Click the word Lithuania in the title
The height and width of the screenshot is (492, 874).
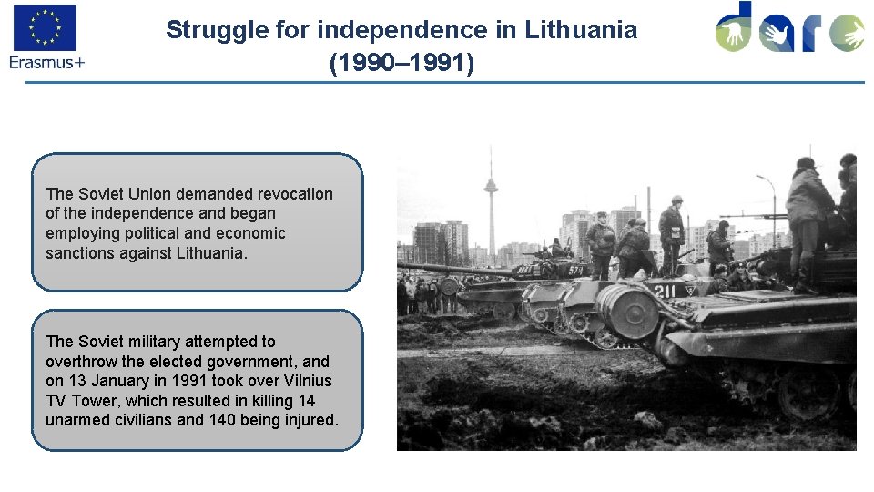pyautogui.click(x=581, y=30)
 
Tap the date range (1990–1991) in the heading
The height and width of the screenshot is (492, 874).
pyautogui.click(x=401, y=65)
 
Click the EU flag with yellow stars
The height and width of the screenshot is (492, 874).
pyautogui.click(x=45, y=27)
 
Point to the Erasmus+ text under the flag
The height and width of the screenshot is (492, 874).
pyautogui.click(x=46, y=62)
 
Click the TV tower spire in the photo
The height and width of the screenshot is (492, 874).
pyautogui.click(x=491, y=196)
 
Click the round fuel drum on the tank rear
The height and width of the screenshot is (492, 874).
pyautogui.click(x=627, y=311)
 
